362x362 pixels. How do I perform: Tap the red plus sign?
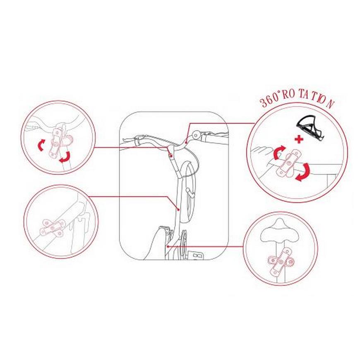[x=299, y=139]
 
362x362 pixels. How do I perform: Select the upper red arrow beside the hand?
[x=279, y=152]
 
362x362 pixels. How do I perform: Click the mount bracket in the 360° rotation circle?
[x=290, y=163]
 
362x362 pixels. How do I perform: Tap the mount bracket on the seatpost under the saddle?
[x=281, y=261]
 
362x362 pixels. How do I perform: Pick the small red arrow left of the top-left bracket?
[x=41, y=145]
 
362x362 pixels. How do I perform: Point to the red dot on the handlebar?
[x=186, y=142]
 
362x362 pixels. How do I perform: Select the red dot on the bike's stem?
[x=171, y=156]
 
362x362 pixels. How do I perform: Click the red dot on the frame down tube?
[x=178, y=210]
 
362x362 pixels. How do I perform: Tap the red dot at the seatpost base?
[x=168, y=247]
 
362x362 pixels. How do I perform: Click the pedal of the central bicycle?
[x=196, y=255]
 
